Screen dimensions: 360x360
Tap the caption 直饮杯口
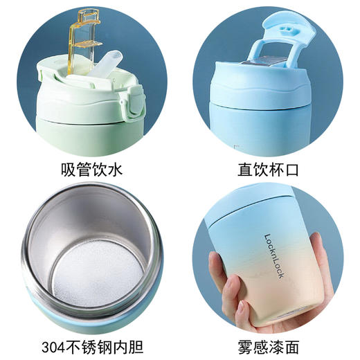(270, 169)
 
